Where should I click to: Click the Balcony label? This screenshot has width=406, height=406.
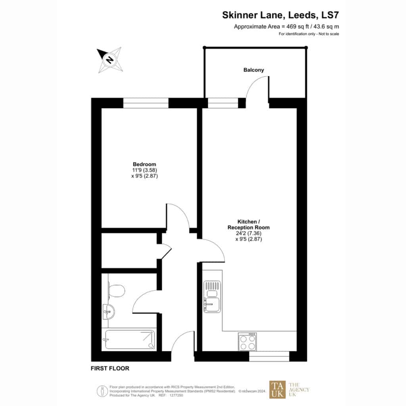253,70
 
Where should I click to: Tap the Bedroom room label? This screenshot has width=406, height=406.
144,164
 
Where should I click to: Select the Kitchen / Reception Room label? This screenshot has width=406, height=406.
248,224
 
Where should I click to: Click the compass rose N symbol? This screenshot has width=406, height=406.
109,59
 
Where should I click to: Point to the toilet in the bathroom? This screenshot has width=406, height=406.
117,291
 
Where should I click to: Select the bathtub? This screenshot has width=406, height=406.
130,339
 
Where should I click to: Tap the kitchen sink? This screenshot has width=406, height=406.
212,297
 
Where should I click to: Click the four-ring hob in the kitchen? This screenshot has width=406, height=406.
247,342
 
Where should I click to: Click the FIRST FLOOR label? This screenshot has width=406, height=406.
110,368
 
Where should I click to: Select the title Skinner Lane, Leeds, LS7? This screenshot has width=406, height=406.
280,15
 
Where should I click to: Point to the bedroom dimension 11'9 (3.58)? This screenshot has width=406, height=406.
144,170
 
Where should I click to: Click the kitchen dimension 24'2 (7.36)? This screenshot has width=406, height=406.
249,233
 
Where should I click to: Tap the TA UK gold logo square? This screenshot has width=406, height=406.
277,389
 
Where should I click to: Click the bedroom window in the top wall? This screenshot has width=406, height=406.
146,103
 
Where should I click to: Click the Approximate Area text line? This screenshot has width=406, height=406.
286,27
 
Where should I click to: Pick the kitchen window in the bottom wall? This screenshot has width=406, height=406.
269,356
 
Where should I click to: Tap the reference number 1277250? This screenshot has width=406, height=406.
176,395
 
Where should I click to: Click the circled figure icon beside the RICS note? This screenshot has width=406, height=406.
102,391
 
